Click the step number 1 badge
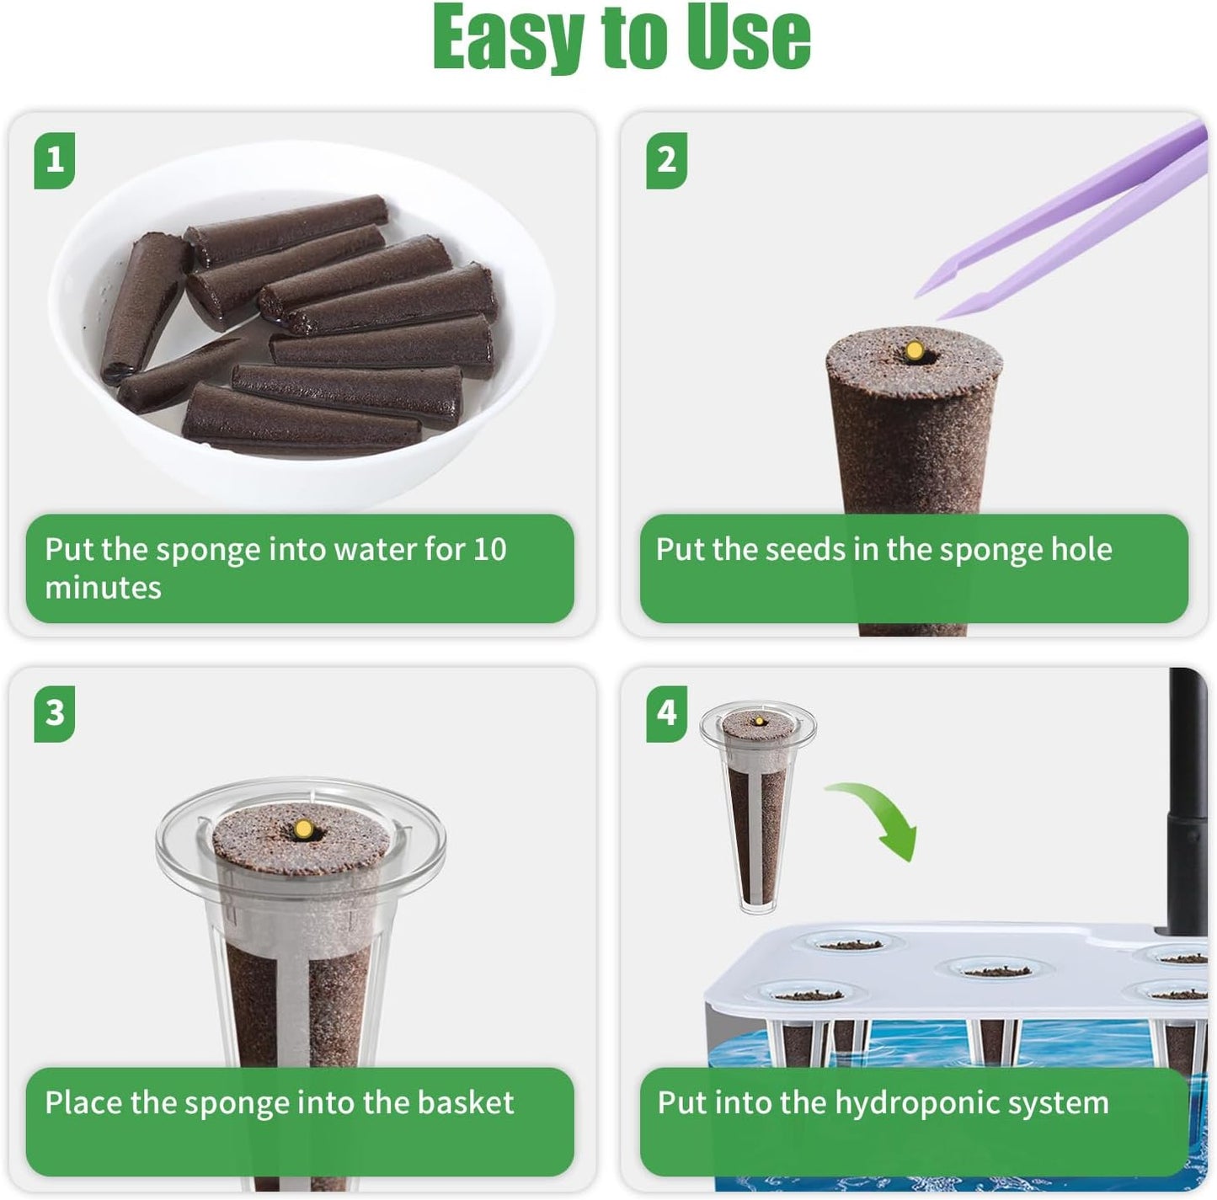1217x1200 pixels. [x=55, y=160]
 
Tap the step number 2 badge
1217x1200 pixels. [x=666, y=160]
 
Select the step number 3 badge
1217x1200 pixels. [x=55, y=713]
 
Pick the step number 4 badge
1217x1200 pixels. [x=666, y=713]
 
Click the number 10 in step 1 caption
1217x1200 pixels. [x=489, y=550]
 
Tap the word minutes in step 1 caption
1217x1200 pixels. [x=103, y=588]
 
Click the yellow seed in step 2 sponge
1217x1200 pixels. [x=913, y=349]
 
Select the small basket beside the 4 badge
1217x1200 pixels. [x=758, y=808]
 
